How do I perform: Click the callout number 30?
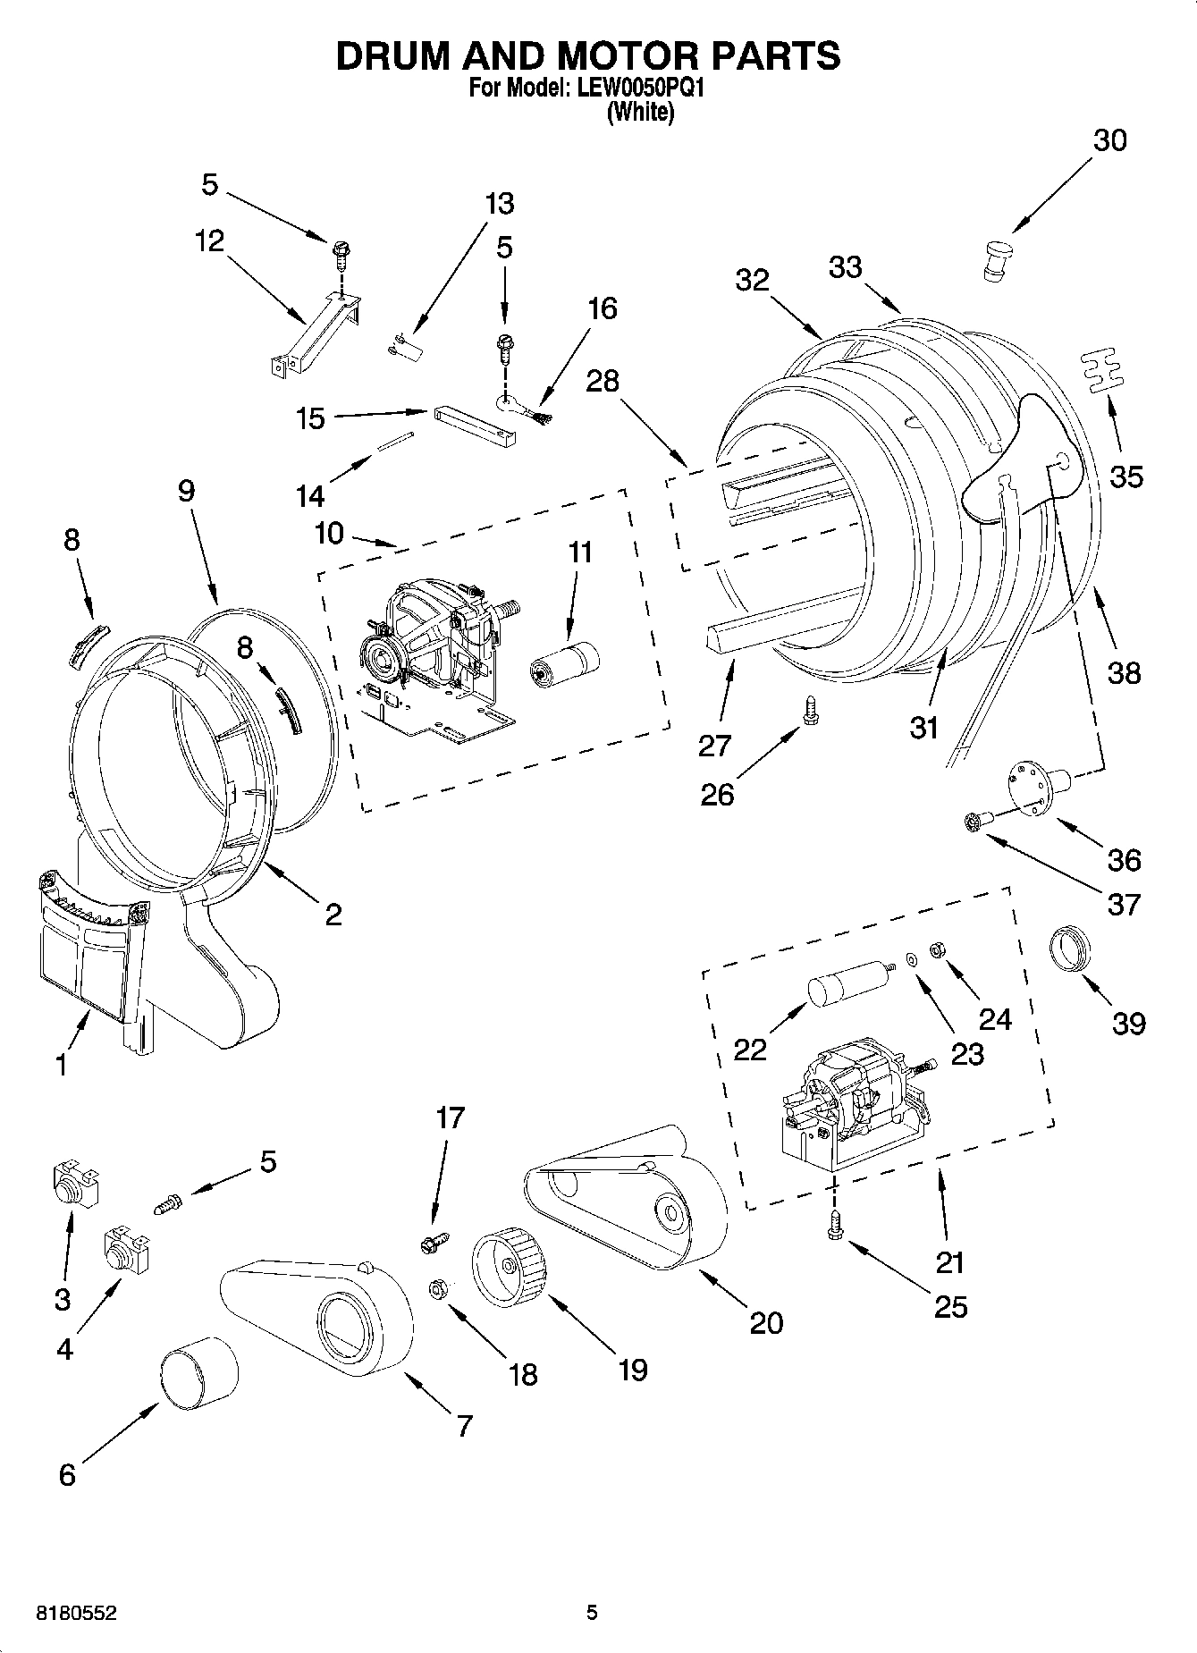[1109, 140]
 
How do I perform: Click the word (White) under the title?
[639, 113]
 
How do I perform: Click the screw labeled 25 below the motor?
[836, 1225]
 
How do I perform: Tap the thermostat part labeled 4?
[123, 1250]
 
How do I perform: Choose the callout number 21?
[950, 1261]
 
